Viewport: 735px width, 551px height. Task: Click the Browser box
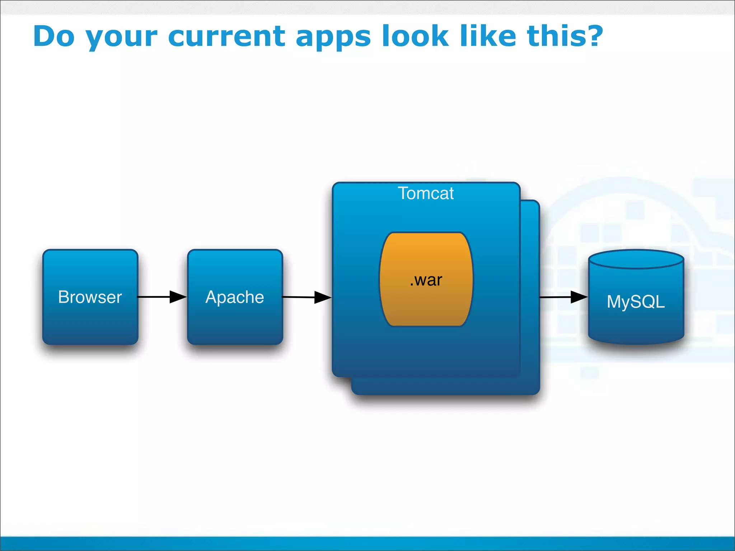90,297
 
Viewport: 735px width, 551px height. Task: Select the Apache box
235,297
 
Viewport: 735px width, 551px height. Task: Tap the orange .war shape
426,279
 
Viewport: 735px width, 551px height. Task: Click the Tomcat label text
426,193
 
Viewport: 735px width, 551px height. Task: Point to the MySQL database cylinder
636,301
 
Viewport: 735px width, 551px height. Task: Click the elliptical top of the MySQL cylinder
636,259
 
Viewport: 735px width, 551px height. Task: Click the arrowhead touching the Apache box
178,297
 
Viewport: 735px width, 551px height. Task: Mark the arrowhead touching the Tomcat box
323,297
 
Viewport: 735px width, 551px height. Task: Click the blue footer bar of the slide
367,543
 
